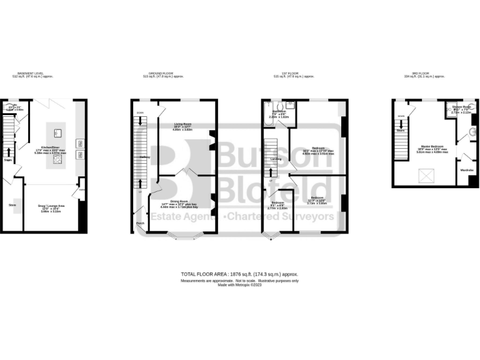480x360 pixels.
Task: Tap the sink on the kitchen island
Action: click(x=57, y=132)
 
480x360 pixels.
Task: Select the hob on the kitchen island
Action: click(x=57, y=159)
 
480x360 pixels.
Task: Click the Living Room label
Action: click(x=182, y=124)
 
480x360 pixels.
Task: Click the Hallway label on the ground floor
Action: click(x=145, y=157)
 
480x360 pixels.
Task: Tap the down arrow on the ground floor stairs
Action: click(x=140, y=119)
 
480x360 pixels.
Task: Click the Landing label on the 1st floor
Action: click(x=276, y=159)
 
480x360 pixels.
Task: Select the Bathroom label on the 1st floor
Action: click(x=278, y=111)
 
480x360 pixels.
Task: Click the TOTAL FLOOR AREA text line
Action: click(x=239, y=274)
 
